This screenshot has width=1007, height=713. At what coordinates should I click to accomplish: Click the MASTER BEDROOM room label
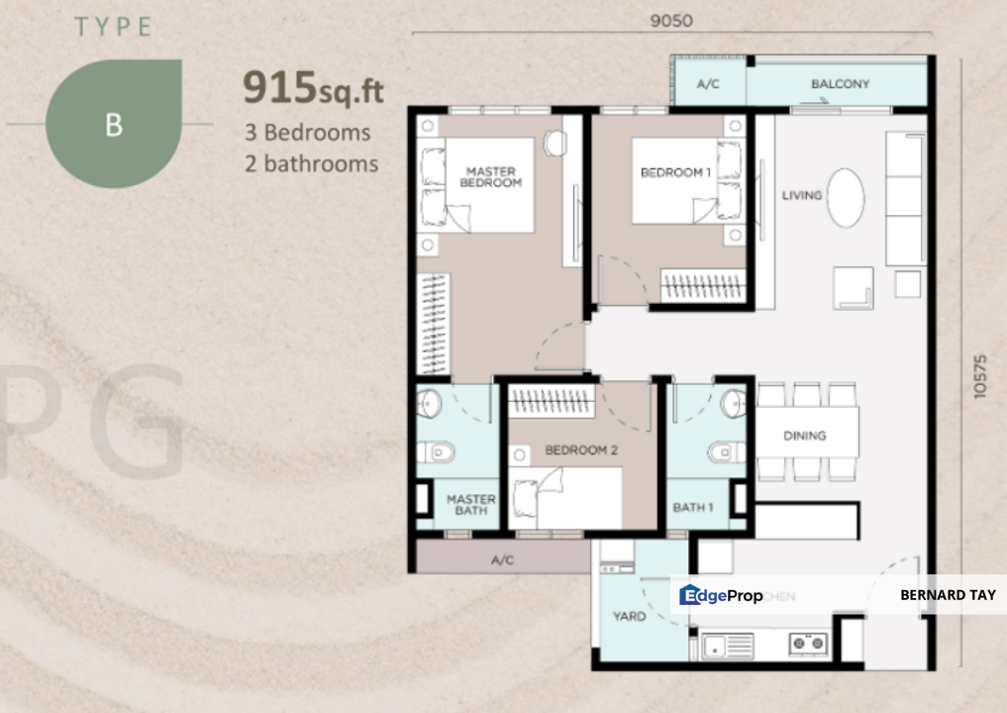491,177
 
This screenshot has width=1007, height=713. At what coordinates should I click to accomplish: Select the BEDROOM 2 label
581,450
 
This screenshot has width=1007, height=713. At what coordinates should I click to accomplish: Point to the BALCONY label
840,84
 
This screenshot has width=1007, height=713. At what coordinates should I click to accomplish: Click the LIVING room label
802,195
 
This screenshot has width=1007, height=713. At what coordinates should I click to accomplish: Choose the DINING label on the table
804,436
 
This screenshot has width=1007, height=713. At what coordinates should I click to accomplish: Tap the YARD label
629,616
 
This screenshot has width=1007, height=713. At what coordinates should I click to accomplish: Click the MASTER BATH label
470,505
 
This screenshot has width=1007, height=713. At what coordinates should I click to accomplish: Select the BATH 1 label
693,507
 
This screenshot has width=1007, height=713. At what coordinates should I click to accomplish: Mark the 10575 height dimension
980,375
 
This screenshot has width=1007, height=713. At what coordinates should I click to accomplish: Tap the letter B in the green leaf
114,125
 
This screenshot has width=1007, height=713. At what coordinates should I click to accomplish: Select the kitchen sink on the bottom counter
728,646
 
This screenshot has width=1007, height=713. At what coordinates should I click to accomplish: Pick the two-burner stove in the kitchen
807,645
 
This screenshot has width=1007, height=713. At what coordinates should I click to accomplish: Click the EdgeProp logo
721,594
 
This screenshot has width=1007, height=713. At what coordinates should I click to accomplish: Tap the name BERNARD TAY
948,595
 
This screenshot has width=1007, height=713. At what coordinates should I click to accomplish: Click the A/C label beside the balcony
708,85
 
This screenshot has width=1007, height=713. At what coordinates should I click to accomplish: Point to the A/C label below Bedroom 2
502,560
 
